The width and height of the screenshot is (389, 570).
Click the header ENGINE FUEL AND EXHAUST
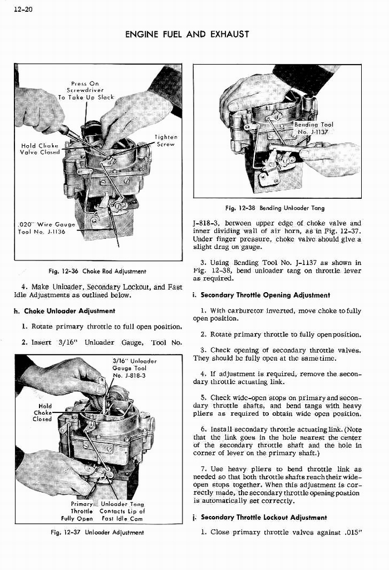click(187, 35)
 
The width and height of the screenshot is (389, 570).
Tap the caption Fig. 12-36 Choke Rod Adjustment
click(97, 271)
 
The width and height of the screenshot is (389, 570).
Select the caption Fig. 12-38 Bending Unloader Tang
click(275, 208)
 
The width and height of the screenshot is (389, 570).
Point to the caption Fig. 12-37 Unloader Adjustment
click(97, 532)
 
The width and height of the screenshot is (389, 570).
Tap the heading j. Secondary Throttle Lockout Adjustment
click(264, 518)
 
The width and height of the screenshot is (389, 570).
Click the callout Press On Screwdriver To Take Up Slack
click(86, 90)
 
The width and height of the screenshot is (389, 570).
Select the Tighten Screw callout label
click(166, 140)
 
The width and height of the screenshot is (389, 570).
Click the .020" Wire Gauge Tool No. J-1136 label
click(42, 228)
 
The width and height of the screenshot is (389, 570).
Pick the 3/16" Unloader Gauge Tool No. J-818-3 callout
click(129, 368)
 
